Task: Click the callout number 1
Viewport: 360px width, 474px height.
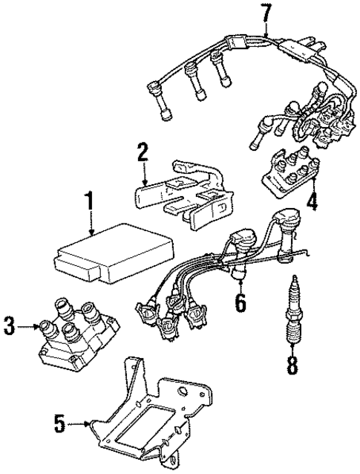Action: (x=89, y=201)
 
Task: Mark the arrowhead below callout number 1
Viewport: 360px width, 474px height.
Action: (x=89, y=234)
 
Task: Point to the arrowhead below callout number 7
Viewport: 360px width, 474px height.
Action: (x=266, y=37)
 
